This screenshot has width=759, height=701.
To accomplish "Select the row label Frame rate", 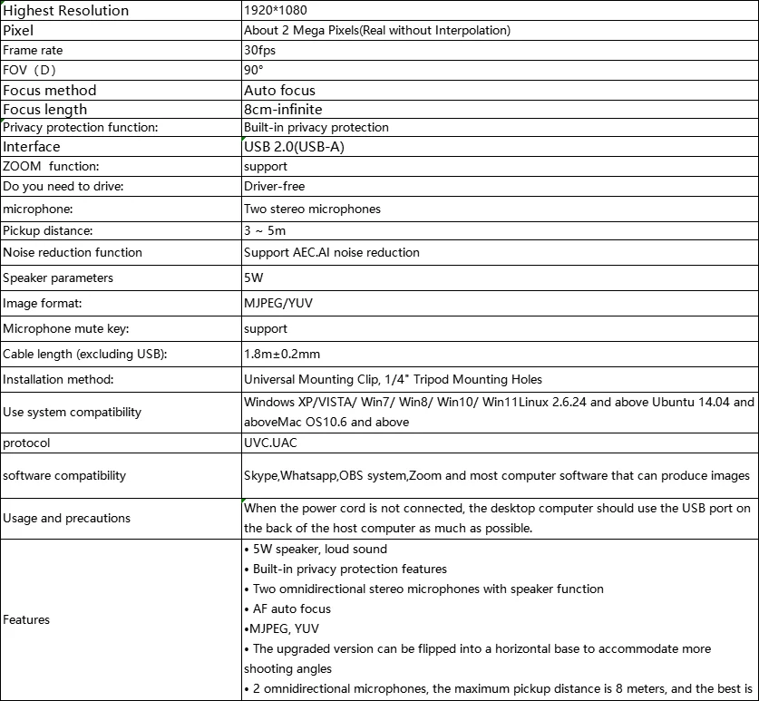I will [33, 51].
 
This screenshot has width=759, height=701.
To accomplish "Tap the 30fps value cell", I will [259, 51].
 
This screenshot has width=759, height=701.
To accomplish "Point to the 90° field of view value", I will [254, 70].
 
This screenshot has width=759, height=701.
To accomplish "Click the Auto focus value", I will [279, 90].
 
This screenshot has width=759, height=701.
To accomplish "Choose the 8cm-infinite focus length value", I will [283, 110].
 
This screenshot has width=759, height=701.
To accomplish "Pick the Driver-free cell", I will [274, 186].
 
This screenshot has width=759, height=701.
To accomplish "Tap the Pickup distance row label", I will [48, 230].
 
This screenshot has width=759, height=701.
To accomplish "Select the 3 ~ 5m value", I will [265, 230].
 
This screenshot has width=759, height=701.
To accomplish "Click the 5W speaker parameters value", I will [253, 277].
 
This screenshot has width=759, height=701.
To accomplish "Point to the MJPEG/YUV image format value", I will [278, 303].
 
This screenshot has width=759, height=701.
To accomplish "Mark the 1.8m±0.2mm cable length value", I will [282, 354].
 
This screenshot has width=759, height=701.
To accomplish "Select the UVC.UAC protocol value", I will [271, 443].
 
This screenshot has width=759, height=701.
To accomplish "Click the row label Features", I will [26, 619].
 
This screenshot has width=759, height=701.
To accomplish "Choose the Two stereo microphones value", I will [312, 209].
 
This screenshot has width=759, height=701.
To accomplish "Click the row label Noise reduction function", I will [73, 252].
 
